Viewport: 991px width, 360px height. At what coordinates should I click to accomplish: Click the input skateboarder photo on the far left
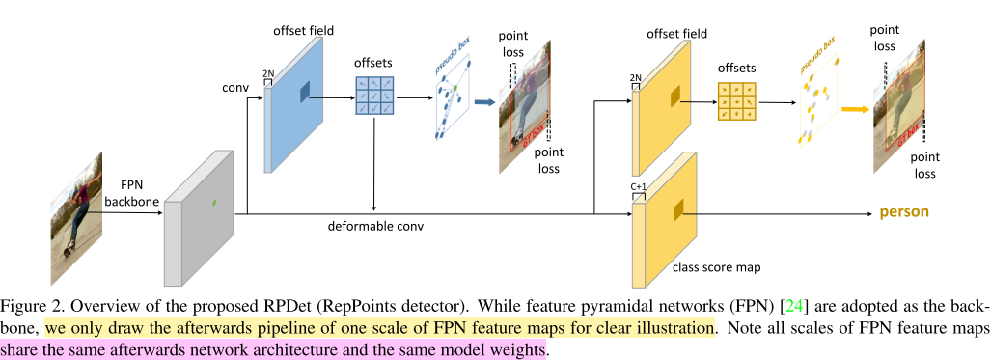point(76,208)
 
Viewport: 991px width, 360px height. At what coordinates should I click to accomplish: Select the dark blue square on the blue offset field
point(305,91)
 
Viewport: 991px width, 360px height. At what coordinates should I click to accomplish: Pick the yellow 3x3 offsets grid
point(735,101)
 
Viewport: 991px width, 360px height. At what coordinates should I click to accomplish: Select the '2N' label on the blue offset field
point(268,71)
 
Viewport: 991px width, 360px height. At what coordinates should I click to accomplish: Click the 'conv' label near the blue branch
point(234,88)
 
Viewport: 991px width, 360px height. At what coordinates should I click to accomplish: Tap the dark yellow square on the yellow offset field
point(674,94)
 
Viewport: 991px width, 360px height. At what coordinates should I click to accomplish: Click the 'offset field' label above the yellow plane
point(686,35)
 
